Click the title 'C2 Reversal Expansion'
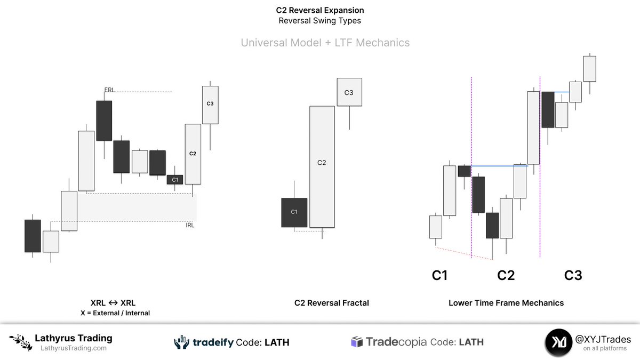click(x=320, y=10)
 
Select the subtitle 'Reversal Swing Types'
click(x=320, y=21)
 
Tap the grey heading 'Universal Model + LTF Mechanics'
click(x=325, y=43)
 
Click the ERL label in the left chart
click(x=109, y=90)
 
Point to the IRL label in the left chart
click(x=190, y=225)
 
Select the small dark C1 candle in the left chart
click(x=175, y=180)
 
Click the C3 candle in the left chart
click(x=210, y=105)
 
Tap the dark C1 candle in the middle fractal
click(x=294, y=212)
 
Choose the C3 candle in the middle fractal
click(x=349, y=92)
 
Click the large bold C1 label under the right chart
click(x=439, y=275)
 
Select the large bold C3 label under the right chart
click(x=573, y=275)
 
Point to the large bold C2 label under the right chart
click(x=506, y=275)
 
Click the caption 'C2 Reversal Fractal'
click(x=332, y=303)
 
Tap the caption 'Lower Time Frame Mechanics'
click(x=506, y=303)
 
